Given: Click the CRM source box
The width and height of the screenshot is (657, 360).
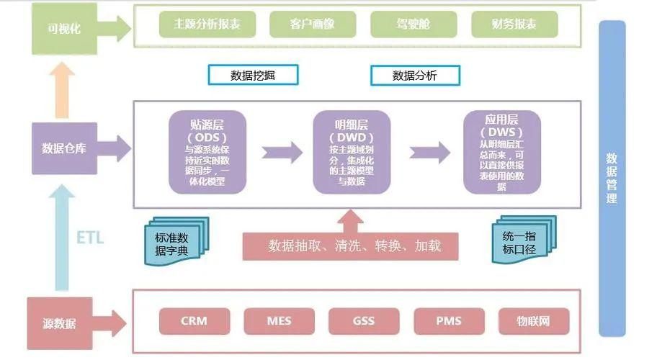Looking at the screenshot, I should point(195,320).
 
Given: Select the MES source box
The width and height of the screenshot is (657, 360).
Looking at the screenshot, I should point(279,320).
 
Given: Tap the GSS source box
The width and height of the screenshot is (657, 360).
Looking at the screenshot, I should point(364,320).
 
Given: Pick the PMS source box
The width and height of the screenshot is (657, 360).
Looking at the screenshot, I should point(448,320).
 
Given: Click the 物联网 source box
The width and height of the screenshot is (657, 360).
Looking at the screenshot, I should point(534,320).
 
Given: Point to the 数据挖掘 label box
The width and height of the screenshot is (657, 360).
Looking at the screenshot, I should point(252,74).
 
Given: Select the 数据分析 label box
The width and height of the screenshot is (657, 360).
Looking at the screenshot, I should point(415,74).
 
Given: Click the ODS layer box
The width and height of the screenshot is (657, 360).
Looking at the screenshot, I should point(207,152).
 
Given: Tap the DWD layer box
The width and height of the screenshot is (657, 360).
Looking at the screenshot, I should point(352,152).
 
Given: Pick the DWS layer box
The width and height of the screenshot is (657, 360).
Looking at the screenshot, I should point(502,152).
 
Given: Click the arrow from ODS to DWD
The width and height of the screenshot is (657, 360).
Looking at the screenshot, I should point(281,152).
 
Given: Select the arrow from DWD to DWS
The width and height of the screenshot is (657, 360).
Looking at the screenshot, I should point(429,152).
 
